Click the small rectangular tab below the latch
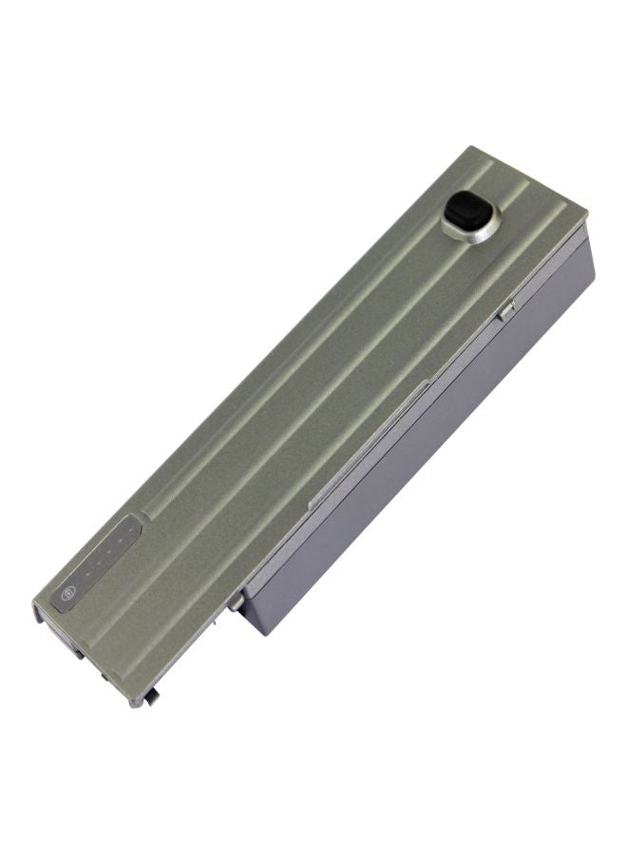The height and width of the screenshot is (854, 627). click(506, 308)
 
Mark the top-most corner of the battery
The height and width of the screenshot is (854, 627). click(472, 147)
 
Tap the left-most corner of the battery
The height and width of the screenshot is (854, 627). click(34, 603)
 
